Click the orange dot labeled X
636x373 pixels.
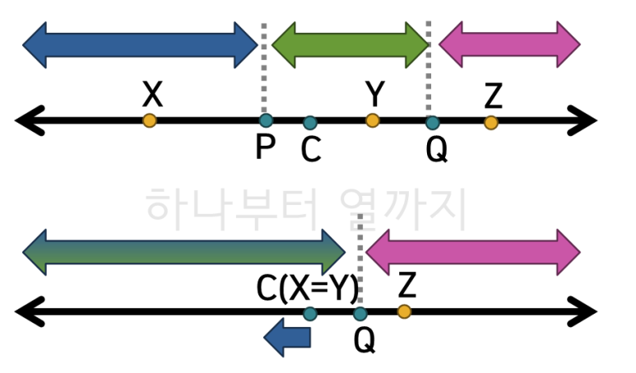(x=149, y=121)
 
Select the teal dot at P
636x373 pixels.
(x=266, y=121)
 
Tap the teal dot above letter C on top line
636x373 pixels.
(x=310, y=123)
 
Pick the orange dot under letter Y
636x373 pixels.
(x=373, y=121)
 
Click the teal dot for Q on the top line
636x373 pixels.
(x=433, y=123)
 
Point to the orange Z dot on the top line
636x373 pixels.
(x=491, y=123)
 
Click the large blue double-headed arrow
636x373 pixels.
(x=140, y=44)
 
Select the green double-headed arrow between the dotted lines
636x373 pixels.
(x=350, y=44)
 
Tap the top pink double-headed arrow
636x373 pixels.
(x=509, y=44)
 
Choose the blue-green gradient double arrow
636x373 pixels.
(x=184, y=251)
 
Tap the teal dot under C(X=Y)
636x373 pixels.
(x=310, y=314)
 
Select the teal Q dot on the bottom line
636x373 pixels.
(x=360, y=314)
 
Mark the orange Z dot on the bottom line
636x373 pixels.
(x=404, y=311)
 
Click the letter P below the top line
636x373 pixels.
(x=265, y=148)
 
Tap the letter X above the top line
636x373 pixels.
(x=151, y=95)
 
